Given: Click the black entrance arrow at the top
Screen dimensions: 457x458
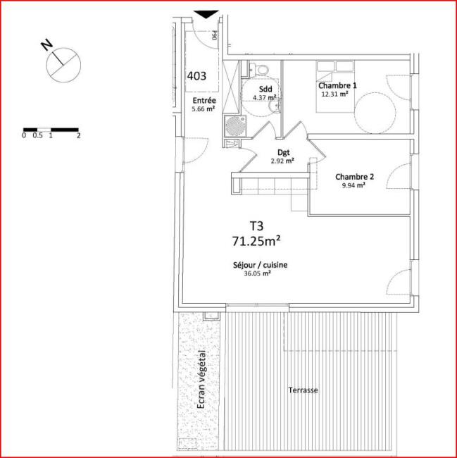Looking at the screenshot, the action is pyautogui.click(x=206, y=14).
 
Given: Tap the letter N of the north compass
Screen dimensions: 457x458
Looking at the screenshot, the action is pyautogui.click(x=46, y=45).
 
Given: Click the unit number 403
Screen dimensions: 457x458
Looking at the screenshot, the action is pyautogui.click(x=196, y=76).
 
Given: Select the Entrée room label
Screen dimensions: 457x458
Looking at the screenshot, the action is pyautogui.click(x=204, y=101).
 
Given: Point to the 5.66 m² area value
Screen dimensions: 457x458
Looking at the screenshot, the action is pyautogui.click(x=204, y=109).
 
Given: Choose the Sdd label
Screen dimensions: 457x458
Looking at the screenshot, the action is pyautogui.click(x=265, y=89).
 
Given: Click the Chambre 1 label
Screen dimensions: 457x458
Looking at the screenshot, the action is pyautogui.click(x=337, y=85).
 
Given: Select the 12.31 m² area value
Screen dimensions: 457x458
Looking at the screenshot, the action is pyautogui.click(x=334, y=94).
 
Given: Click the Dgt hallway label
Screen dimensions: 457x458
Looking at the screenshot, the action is pyautogui.click(x=283, y=152).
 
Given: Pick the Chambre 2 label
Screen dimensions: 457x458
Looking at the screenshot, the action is pyautogui.click(x=355, y=177).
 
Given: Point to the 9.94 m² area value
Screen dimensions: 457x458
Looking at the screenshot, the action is pyautogui.click(x=353, y=185).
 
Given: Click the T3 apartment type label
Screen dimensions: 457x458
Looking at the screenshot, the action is pyautogui.click(x=257, y=226).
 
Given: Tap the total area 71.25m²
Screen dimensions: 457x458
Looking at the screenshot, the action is pyautogui.click(x=256, y=241).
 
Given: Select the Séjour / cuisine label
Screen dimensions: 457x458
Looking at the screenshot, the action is pyautogui.click(x=261, y=265).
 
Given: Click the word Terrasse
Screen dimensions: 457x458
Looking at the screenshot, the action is pyautogui.click(x=303, y=390).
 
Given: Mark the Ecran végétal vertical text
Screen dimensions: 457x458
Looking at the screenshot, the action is pyautogui.click(x=201, y=379).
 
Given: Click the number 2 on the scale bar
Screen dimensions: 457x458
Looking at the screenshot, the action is pyautogui.click(x=78, y=135).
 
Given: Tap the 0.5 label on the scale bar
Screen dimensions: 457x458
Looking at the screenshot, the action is pyautogui.click(x=37, y=135).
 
